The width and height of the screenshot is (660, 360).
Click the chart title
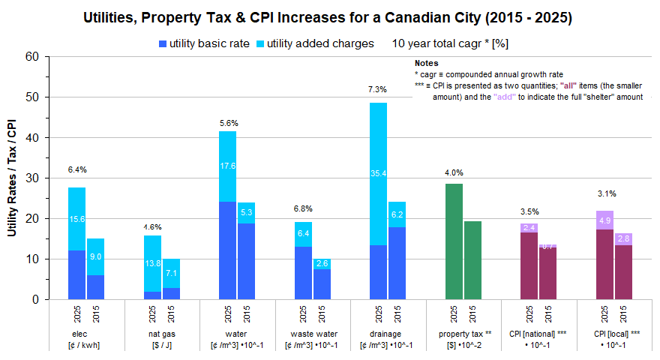click(330, 17)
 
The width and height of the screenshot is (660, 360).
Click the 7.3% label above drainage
click(377, 90)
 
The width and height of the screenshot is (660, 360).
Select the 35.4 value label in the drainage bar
click(378, 174)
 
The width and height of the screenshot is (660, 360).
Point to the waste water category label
click(313, 334)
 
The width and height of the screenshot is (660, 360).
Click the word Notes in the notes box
click(426, 64)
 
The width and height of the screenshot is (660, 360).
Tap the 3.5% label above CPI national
click(529, 211)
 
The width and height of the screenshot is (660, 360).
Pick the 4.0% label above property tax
click(454, 172)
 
